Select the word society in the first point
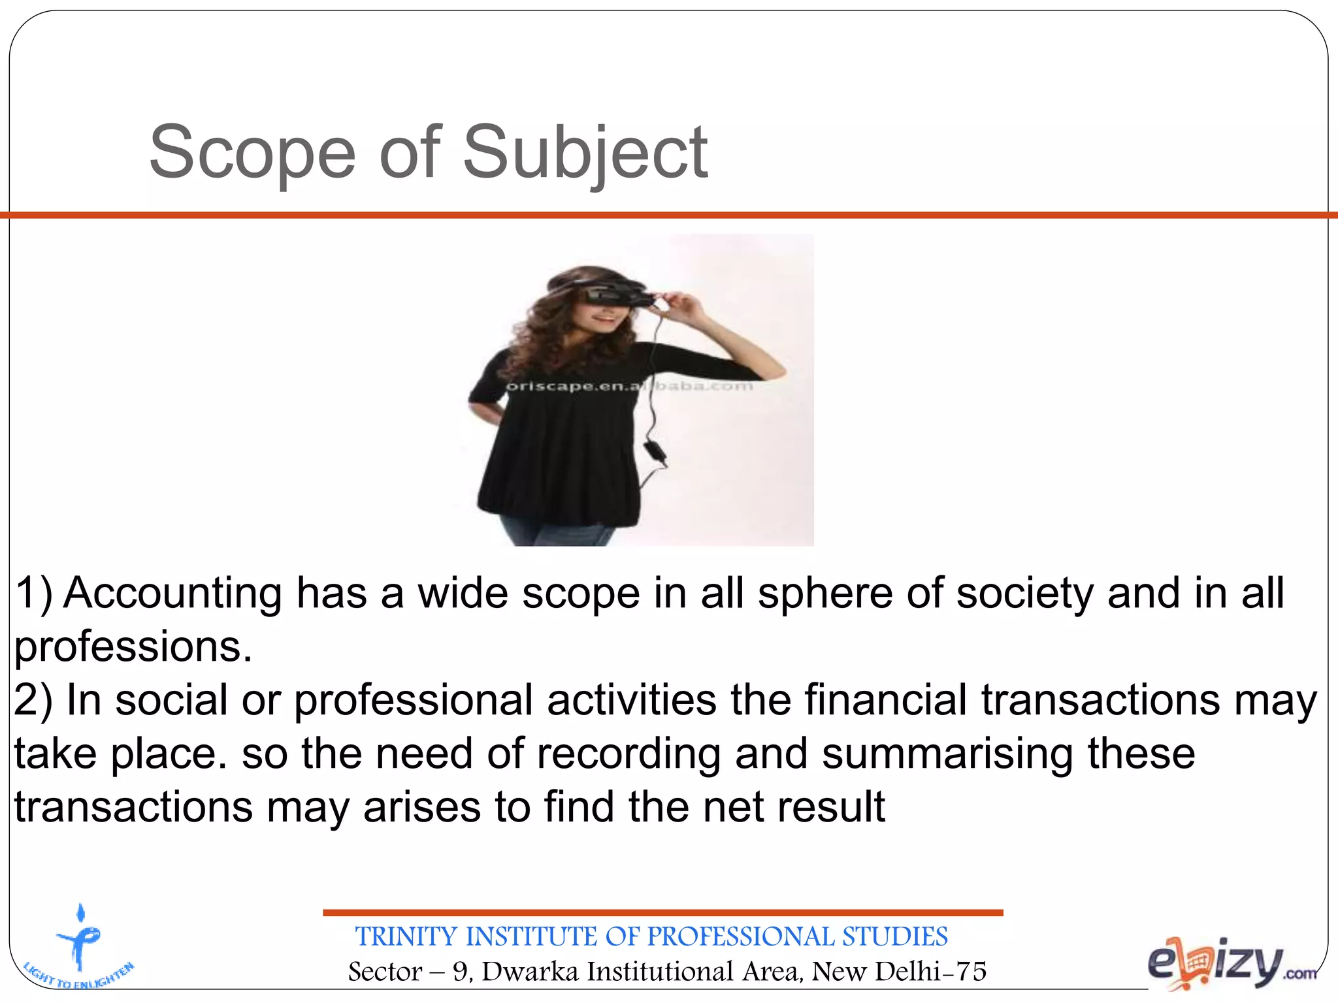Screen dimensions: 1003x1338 pyautogui.click(x=1024, y=593)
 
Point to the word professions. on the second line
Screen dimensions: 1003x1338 pyautogui.click(x=133, y=646)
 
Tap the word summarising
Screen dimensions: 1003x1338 pyautogui.click(x=947, y=754)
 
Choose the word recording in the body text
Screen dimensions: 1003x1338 pyautogui.click(x=628, y=754)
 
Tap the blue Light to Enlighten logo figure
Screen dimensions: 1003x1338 pyautogui.click(x=79, y=940)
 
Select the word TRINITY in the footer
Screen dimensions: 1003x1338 pyautogui.click(x=406, y=936)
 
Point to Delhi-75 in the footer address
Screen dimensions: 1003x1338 pyautogui.click(x=930, y=972)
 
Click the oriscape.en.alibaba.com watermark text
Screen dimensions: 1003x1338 pyautogui.click(x=629, y=386)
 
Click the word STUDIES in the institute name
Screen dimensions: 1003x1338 pyautogui.click(x=894, y=936)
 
